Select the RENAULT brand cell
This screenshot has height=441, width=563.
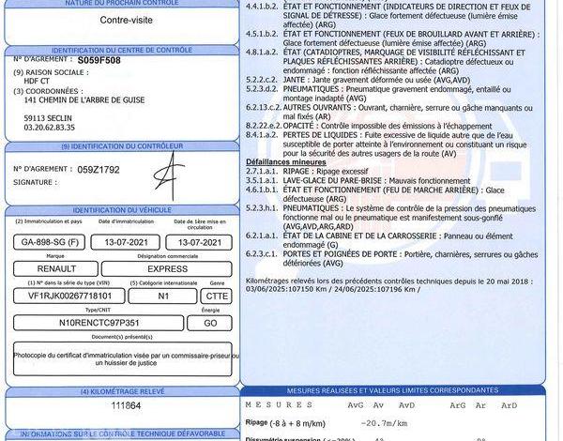[55, 267]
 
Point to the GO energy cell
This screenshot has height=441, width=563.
[210, 322]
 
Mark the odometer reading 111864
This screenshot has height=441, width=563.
[125, 405]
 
